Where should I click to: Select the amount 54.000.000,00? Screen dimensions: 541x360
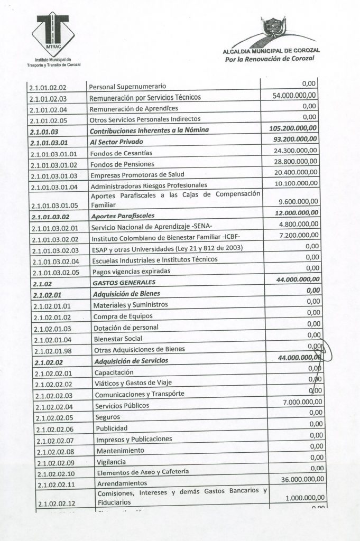(x=294, y=96)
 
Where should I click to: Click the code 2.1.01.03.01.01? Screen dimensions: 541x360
(x=54, y=154)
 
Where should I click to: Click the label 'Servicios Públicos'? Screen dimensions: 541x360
(x=122, y=406)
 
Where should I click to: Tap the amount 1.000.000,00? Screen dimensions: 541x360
(x=304, y=499)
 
